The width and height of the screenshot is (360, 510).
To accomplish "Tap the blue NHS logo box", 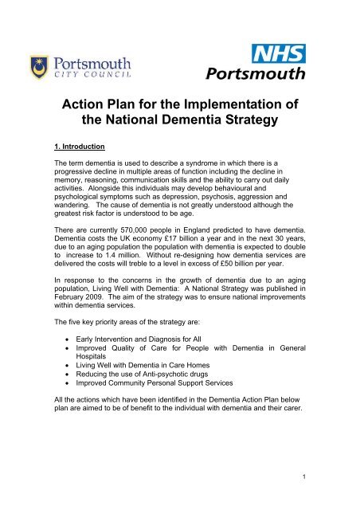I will (x=279, y=55).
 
